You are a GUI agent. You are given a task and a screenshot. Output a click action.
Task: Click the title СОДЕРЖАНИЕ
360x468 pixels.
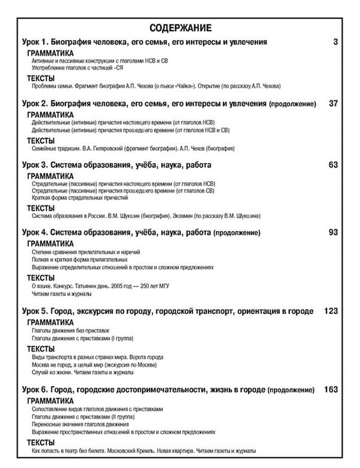180,28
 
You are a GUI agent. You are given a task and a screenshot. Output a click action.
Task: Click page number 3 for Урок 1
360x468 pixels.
336,42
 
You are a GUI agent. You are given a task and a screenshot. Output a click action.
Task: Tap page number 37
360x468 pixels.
333,104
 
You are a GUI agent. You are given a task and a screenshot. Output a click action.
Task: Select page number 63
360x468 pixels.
333,165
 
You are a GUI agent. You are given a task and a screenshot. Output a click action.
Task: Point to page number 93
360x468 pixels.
333,232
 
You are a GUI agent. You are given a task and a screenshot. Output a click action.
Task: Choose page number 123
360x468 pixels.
331,311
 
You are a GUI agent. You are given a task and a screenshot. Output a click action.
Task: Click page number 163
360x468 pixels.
331,389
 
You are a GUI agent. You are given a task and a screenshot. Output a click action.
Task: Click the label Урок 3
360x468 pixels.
35,165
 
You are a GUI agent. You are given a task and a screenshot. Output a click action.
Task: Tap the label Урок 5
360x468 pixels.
35,311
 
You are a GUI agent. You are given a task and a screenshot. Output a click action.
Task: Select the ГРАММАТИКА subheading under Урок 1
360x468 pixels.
50,53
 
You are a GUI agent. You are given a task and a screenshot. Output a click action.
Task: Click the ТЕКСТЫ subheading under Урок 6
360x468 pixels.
41,443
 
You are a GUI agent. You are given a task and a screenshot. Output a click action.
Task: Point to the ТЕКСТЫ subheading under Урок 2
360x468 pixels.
41,141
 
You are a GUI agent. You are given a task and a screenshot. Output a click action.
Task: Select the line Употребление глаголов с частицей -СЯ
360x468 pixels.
77,68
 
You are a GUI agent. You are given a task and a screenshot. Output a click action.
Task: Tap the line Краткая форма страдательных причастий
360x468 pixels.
80,198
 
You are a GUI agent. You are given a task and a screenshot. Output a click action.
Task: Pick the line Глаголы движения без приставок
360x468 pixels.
70,330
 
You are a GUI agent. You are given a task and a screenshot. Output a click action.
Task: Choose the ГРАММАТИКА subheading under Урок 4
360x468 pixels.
50,244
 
